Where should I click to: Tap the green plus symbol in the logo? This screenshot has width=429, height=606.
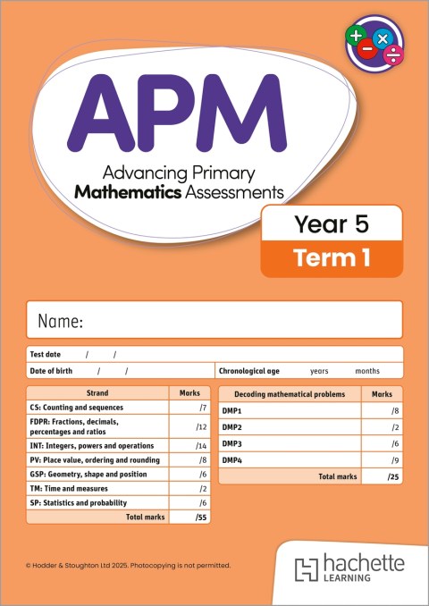pos(357,37)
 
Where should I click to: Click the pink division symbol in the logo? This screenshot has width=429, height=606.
pos(391,55)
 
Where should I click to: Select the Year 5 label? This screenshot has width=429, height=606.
pos(332,225)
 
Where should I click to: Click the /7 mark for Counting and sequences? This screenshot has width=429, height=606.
pos(204,408)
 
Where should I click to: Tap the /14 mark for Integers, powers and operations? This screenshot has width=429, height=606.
pos(202,445)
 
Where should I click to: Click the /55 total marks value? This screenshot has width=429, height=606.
pos(201,518)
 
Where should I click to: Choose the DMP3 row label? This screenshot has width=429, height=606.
pos(231,443)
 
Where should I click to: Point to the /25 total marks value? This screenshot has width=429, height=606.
pos(393,478)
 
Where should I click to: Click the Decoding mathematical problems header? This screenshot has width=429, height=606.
pos(290,394)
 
